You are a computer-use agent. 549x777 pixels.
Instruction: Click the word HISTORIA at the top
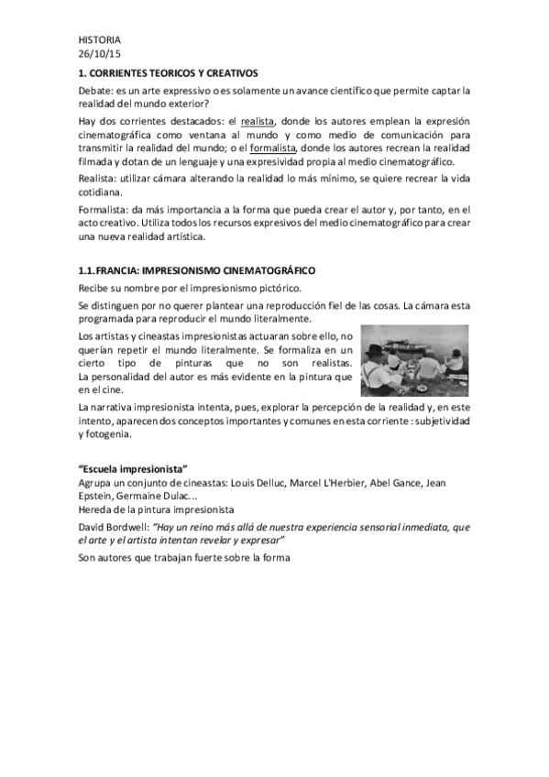99,39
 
